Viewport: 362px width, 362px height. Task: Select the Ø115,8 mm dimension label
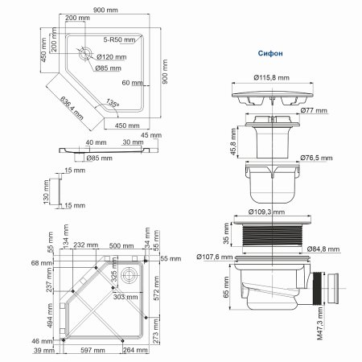[269, 78]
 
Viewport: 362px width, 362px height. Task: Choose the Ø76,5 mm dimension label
[316, 158]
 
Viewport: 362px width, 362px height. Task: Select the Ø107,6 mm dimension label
[213, 257]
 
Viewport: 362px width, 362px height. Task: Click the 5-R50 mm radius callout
[118, 39]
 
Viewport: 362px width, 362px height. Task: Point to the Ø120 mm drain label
[112, 57]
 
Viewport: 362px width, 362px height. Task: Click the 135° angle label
[112, 102]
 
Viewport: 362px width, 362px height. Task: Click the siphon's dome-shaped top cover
[269, 96]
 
